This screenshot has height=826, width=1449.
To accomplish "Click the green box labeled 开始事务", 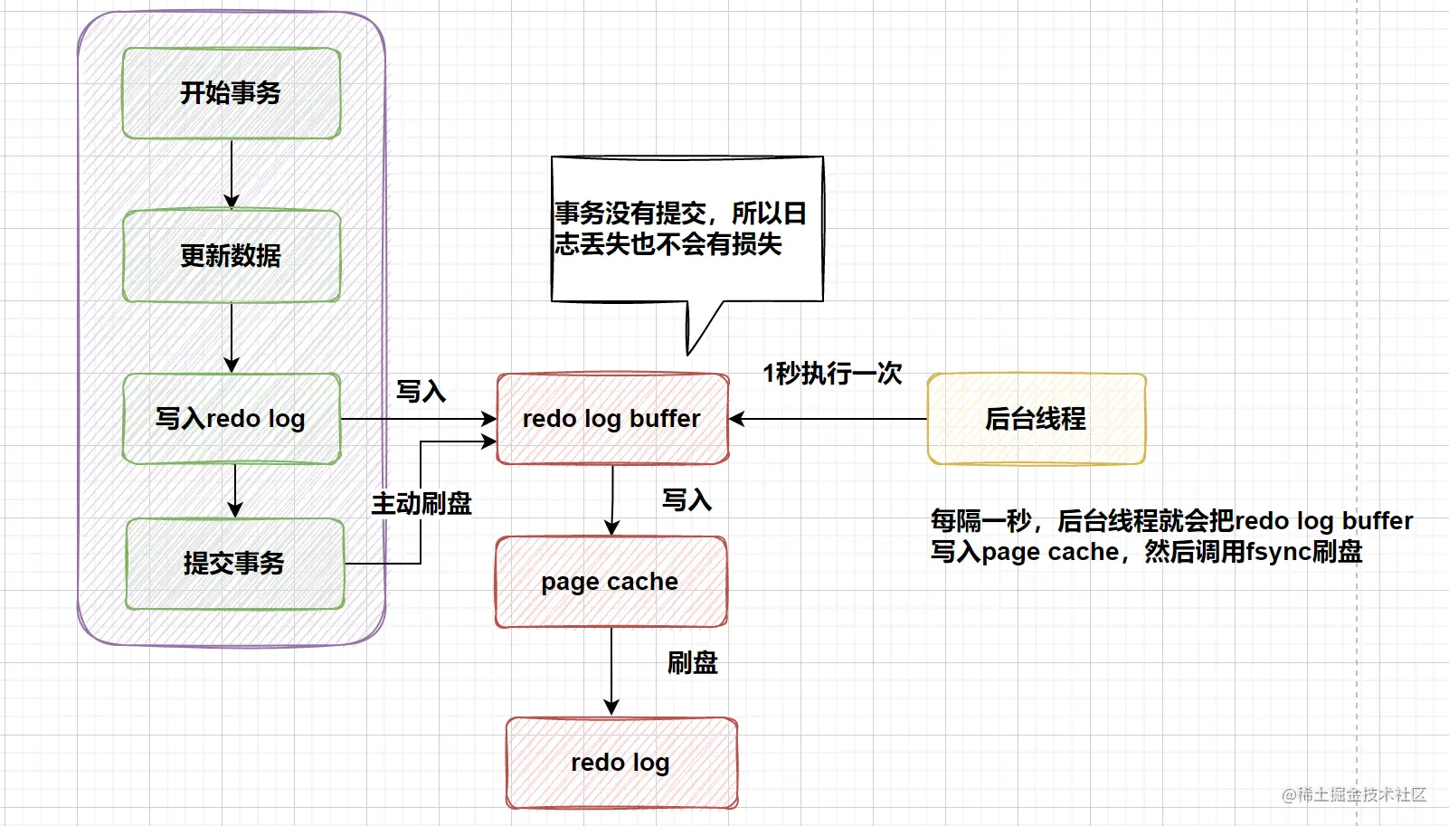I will coord(232,93).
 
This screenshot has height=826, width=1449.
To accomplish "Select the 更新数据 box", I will coord(232,256).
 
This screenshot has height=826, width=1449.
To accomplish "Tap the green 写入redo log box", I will coord(232,419).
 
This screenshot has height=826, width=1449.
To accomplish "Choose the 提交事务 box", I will coord(235,564).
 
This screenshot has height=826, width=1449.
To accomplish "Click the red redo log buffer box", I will coord(612,419).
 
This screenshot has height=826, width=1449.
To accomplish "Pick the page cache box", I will coord(611,582).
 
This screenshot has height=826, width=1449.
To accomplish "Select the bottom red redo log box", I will coord(621,763).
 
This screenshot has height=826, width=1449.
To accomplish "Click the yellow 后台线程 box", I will coord(1037,419).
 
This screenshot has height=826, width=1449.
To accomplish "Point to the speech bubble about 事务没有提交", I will coord(687,229).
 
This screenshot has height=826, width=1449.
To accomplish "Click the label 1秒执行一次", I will coord(832,374).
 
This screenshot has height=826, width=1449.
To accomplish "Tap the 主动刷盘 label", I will coord(421,504).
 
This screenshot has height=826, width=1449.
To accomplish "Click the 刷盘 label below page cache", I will coord(693,663).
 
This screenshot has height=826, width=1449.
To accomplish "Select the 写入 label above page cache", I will coord(687,500).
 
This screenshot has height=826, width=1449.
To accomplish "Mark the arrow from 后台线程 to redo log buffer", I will coord(828,419).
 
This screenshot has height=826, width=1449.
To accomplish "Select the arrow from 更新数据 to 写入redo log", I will coord(232,337).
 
